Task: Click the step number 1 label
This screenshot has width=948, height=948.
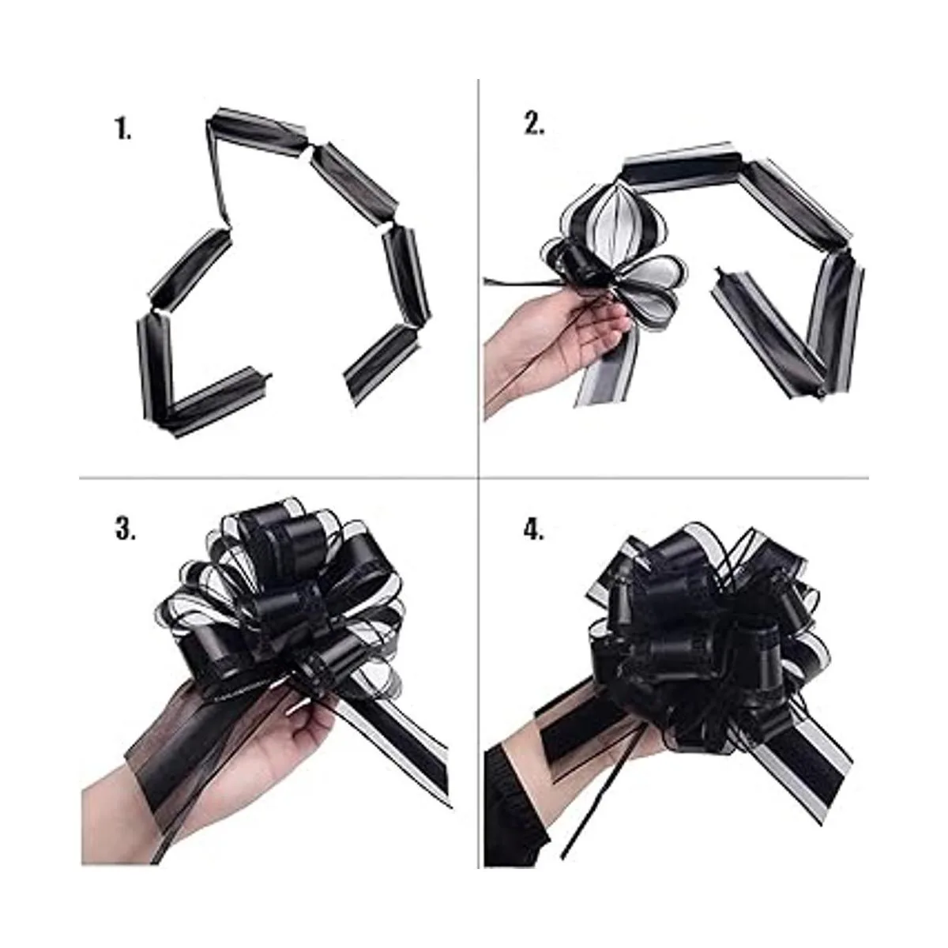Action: click(123, 130)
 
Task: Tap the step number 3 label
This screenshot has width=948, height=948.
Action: click(125, 530)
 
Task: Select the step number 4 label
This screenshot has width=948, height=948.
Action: click(534, 530)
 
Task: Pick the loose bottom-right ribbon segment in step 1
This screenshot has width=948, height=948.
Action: click(382, 364)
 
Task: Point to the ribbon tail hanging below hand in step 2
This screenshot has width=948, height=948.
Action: click(608, 364)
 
